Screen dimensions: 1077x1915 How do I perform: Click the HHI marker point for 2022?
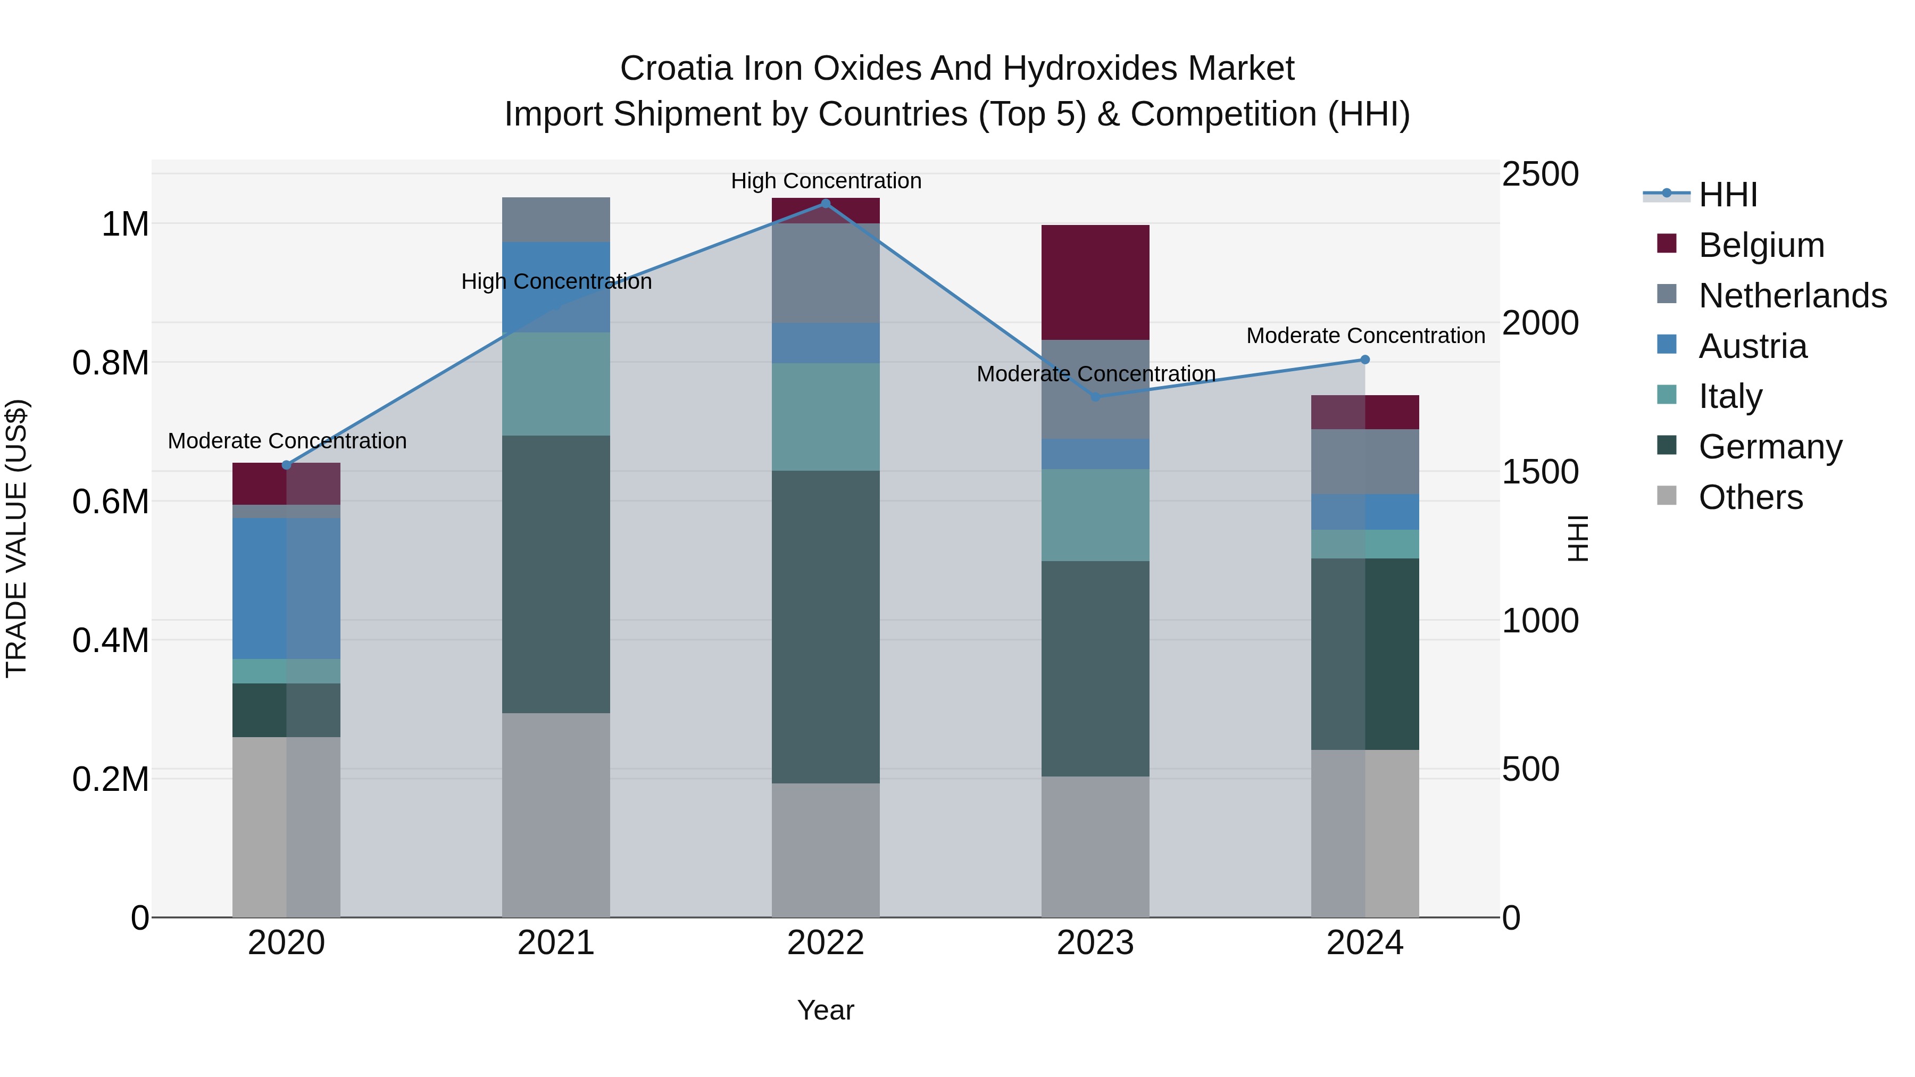click(x=825, y=204)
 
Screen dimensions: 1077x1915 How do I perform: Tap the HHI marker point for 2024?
click(x=1365, y=360)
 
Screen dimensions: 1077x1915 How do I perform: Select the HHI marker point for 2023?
click(x=1095, y=397)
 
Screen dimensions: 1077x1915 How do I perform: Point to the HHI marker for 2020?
click(x=286, y=465)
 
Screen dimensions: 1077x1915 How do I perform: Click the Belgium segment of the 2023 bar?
click(x=1095, y=282)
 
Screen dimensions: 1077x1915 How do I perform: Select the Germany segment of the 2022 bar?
click(x=825, y=627)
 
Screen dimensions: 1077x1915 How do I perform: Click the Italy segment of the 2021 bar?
click(x=556, y=383)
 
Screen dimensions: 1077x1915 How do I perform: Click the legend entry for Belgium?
click(x=1761, y=245)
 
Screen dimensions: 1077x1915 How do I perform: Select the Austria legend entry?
click(x=1752, y=346)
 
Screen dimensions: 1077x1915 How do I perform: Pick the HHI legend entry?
click(x=1728, y=195)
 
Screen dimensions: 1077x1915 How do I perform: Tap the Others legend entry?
click(x=1750, y=497)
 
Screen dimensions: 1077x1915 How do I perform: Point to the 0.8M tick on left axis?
click(x=111, y=363)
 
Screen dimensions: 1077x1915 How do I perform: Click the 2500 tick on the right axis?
click(x=1539, y=174)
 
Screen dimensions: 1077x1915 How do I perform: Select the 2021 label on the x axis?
click(x=556, y=943)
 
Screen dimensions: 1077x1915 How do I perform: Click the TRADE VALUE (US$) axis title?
click(x=16, y=538)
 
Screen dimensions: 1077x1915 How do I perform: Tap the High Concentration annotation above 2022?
click(x=826, y=181)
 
